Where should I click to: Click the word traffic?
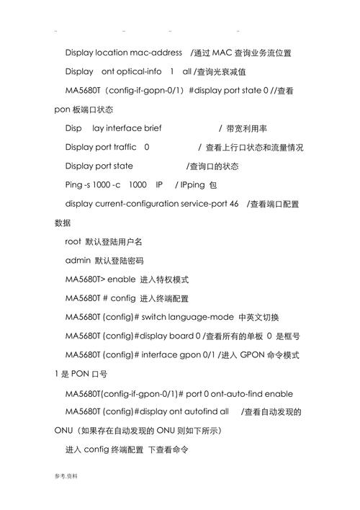pos(119,147)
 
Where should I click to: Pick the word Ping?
pos(75,185)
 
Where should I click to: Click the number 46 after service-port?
pos(234,204)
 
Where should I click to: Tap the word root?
pos(73,241)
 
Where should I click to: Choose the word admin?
pos(77,260)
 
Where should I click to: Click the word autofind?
pos(193,412)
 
